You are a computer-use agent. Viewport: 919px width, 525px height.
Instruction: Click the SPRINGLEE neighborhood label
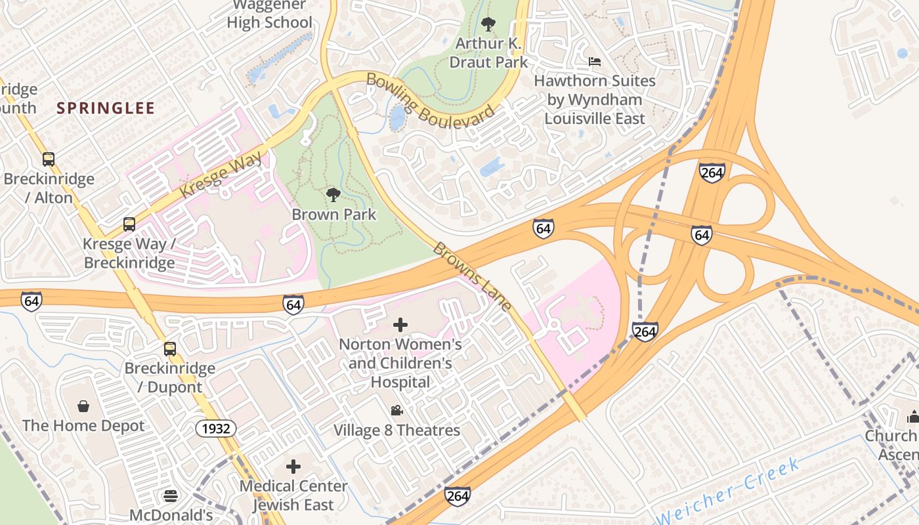point(106,108)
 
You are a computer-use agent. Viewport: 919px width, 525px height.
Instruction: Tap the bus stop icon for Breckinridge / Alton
point(49,159)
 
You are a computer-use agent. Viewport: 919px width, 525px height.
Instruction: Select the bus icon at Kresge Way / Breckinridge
point(129,224)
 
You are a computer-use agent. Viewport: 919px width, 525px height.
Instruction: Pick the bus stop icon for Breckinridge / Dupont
point(170,348)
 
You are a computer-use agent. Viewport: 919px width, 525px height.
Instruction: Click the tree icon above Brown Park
point(333,194)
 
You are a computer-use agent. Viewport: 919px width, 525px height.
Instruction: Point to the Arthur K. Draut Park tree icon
point(488,24)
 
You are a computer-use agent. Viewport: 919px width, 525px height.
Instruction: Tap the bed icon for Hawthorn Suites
point(595,62)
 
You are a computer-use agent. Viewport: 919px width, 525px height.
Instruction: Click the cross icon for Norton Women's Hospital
point(400,324)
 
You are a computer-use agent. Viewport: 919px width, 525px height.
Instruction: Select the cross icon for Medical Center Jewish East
point(293,467)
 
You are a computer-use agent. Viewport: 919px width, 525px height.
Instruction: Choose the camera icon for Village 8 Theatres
point(396,411)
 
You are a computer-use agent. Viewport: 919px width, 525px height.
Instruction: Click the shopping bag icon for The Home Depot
point(83,406)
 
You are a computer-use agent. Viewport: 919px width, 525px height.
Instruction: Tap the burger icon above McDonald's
point(171,495)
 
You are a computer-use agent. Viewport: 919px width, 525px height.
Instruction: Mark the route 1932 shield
point(216,429)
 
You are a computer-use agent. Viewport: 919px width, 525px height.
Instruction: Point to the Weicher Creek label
point(729,492)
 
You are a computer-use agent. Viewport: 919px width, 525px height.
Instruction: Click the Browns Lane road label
point(473,277)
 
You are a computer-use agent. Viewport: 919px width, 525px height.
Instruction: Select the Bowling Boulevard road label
point(430,102)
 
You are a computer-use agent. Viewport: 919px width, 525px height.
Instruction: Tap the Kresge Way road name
point(221,175)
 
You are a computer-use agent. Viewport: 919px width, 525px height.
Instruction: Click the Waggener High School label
point(270,14)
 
